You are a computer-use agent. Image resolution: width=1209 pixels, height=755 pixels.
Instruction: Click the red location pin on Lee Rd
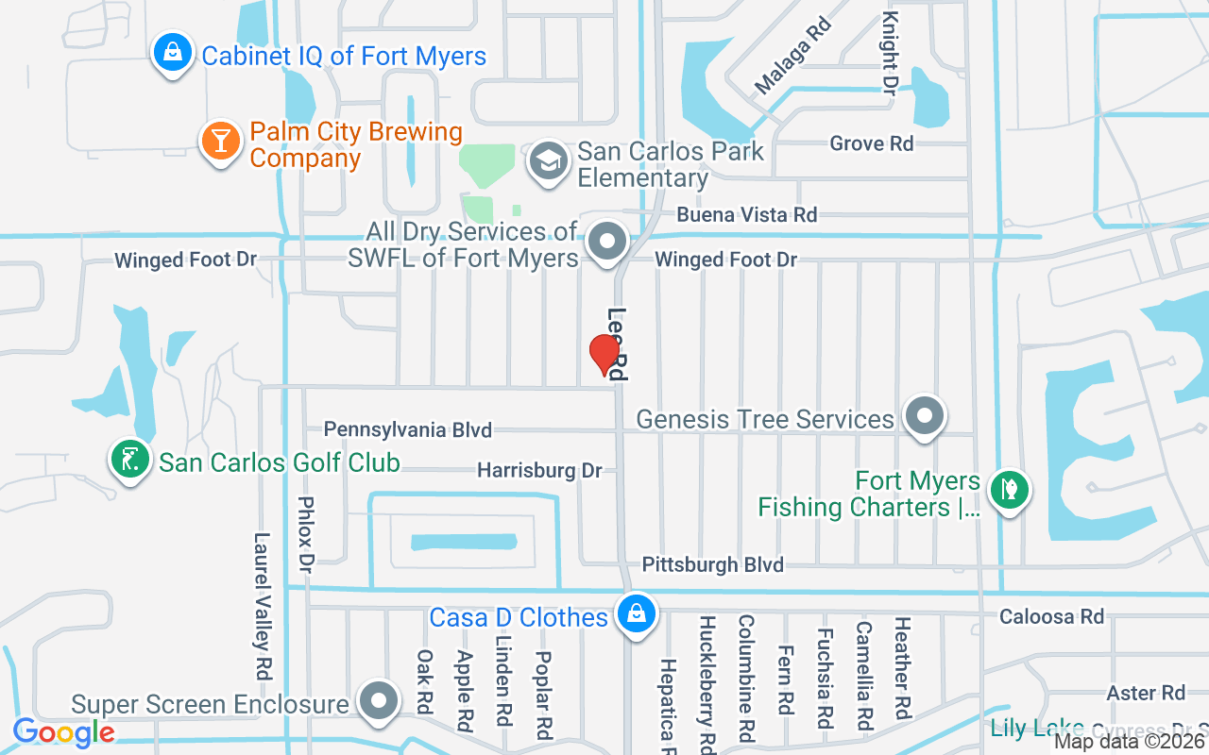click(604, 355)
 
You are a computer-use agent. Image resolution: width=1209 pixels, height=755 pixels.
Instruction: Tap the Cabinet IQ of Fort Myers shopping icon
click(173, 53)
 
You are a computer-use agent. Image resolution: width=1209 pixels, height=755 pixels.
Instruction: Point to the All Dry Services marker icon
click(608, 243)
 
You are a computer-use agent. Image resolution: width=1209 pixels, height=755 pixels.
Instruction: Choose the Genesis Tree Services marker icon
click(924, 415)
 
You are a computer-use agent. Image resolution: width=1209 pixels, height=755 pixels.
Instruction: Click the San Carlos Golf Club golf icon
click(130, 460)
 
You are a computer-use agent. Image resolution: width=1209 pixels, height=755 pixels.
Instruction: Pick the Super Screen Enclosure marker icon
click(380, 701)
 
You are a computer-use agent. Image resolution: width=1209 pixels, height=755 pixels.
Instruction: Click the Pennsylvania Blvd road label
click(407, 430)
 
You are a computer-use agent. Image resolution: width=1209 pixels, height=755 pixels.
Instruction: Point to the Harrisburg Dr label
click(538, 470)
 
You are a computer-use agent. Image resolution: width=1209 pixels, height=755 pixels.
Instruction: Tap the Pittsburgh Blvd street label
click(713, 564)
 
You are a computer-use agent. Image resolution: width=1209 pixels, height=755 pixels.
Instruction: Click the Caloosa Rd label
click(1051, 616)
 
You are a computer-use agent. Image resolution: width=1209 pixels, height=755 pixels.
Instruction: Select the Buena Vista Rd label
click(746, 215)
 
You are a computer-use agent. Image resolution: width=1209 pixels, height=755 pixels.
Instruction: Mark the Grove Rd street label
click(871, 143)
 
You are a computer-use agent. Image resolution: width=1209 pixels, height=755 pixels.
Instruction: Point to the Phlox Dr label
click(305, 534)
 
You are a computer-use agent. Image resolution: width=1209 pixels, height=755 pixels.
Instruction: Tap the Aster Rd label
click(1146, 693)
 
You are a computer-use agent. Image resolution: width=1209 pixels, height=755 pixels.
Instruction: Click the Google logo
click(63, 731)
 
